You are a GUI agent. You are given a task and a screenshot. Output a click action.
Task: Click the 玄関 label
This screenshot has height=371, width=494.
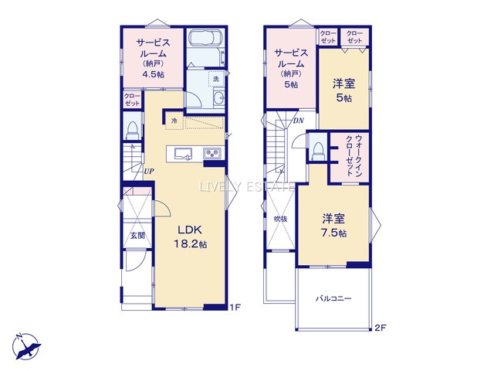point(137,234)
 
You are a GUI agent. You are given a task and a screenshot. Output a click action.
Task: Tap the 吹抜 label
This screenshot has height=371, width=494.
point(280,219)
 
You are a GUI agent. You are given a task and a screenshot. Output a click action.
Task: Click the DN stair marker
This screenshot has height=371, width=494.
point(297,121)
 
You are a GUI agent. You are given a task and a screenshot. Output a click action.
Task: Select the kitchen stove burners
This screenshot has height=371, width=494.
point(213,154)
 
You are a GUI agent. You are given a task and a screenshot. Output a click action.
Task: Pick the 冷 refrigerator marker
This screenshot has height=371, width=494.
point(174,121)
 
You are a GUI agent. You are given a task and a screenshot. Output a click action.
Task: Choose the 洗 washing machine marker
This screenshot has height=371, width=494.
point(216,80)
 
